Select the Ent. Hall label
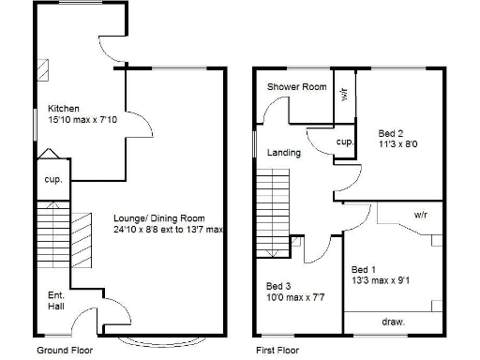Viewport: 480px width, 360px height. pyautogui.click(x=56, y=300)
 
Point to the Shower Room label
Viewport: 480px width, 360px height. pyautogui.click(x=296, y=87)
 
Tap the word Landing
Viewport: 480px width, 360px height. pyautogui.click(x=284, y=153)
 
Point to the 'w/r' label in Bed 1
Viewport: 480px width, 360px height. pyautogui.click(x=421, y=215)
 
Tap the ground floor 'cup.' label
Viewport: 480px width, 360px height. pyautogui.click(x=52, y=179)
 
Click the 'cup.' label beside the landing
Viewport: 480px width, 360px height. pyautogui.click(x=344, y=142)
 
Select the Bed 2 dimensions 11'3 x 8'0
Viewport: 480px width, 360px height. pyautogui.click(x=397, y=144)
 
